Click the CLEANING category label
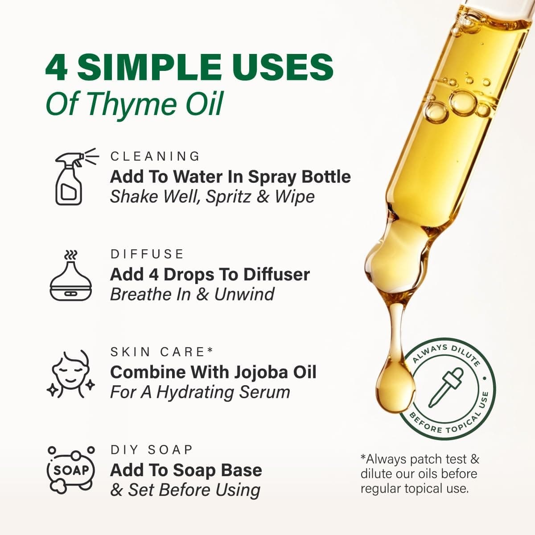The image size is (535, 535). pyautogui.click(x=155, y=156)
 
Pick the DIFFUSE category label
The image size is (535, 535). pyautogui.click(x=147, y=254)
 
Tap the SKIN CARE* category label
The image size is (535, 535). pyautogui.click(x=162, y=352)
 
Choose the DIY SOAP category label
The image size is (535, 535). pyautogui.click(x=152, y=449)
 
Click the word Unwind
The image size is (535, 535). pyautogui.click(x=244, y=294)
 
